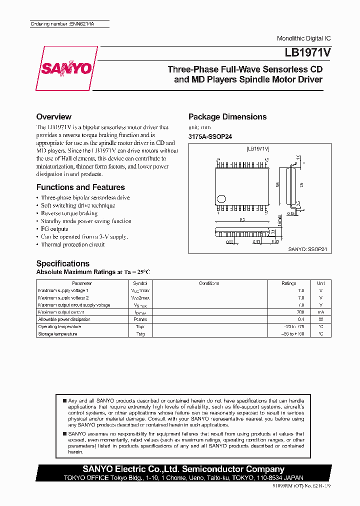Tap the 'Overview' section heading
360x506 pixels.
53,116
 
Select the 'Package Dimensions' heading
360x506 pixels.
227,116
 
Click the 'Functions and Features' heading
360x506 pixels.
80,187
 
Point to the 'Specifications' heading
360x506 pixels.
62,263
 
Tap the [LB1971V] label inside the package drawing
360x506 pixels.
258,149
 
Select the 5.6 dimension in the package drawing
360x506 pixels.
277,184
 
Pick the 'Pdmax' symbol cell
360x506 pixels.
140,319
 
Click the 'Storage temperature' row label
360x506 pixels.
57,334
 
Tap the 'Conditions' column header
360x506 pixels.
209,283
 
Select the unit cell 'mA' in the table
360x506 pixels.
320,312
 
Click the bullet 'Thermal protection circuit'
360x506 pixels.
72,244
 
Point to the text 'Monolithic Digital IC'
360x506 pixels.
303,38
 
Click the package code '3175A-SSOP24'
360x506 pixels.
210,136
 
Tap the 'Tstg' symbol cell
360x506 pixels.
140,334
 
